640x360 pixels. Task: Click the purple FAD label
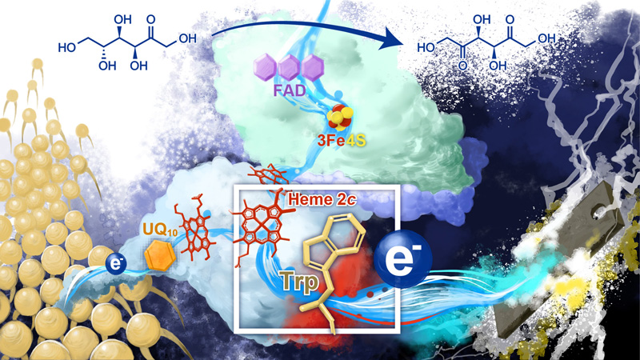pos(290,90)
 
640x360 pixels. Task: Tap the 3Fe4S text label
pos(342,141)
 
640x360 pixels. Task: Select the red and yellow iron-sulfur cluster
pos(338,117)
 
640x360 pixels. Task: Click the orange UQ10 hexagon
pos(161,255)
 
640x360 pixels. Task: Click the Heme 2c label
pos(322,199)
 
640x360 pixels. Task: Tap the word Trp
pos(299,282)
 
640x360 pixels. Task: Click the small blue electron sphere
pos(116,264)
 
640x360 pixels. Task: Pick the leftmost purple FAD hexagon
pos(266,67)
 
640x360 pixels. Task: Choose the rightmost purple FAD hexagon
pos(314,67)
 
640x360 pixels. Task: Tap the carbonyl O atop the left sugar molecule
pos(151,19)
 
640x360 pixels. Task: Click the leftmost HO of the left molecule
pos(67,47)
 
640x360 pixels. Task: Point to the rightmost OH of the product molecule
pos(547,38)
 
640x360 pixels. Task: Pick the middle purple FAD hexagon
pos(290,67)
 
